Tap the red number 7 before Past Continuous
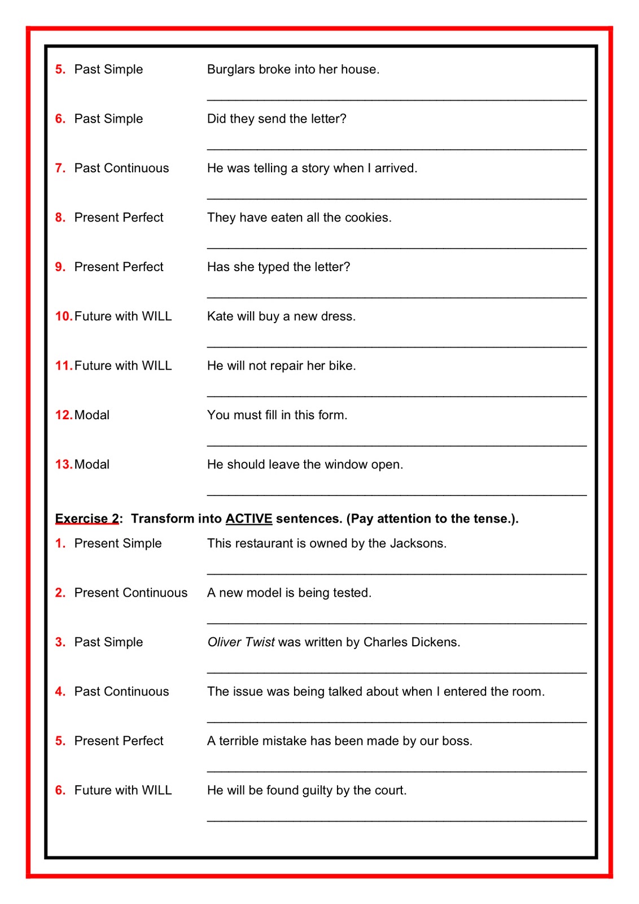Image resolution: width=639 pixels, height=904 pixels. point(60,168)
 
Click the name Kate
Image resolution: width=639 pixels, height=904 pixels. point(220,316)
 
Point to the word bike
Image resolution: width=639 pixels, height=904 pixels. point(342,366)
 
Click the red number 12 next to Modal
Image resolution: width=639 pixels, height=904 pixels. point(63,415)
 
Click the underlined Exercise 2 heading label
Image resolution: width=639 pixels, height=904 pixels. point(87,519)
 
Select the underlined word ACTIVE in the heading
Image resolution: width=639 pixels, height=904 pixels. point(249,519)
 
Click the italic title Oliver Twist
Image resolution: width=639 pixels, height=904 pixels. point(241,642)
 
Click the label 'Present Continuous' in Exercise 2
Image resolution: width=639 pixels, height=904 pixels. point(130,593)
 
